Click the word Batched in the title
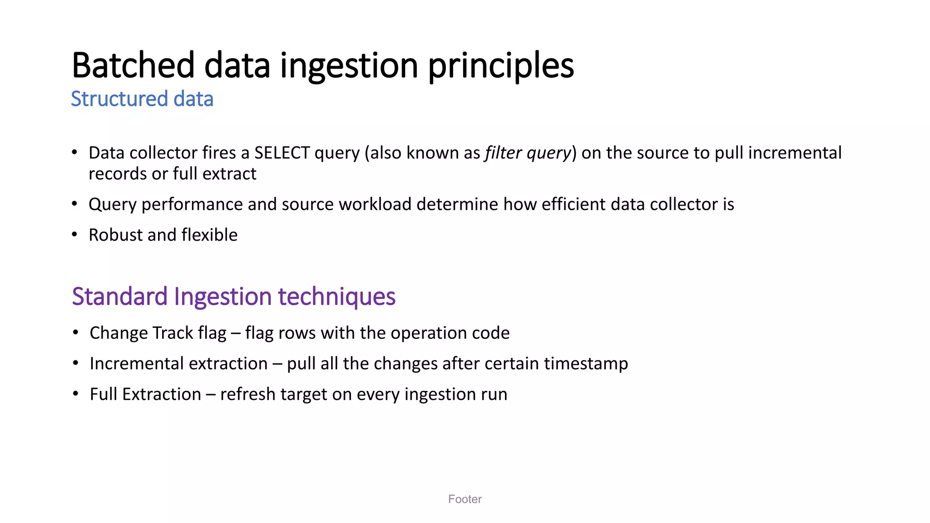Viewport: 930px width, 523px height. pyautogui.click(x=133, y=66)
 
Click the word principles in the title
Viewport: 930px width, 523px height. pyautogui.click(x=501, y=66)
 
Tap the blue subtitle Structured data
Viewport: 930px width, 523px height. pyautogui.click(x=142, y=99)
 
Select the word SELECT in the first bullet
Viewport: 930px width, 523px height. pyautogui.click(x=282, y=153)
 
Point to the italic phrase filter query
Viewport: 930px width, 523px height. pyautogui.click(x=528, y=153)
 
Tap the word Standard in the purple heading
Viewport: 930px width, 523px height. pyautogui.click(x=120, y=296)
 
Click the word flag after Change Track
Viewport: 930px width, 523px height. pyautogui.click(x=212, y=333)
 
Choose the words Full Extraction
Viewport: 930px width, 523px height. pyautogui.click(x=145, y=394)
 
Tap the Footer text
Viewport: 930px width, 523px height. pyautogui.click(x=465, y=499)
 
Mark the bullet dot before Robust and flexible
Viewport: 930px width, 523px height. pyautogui.click(x=75, y=235)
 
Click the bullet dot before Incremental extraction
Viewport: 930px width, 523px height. pyautogui.click(x=76, y=363)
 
